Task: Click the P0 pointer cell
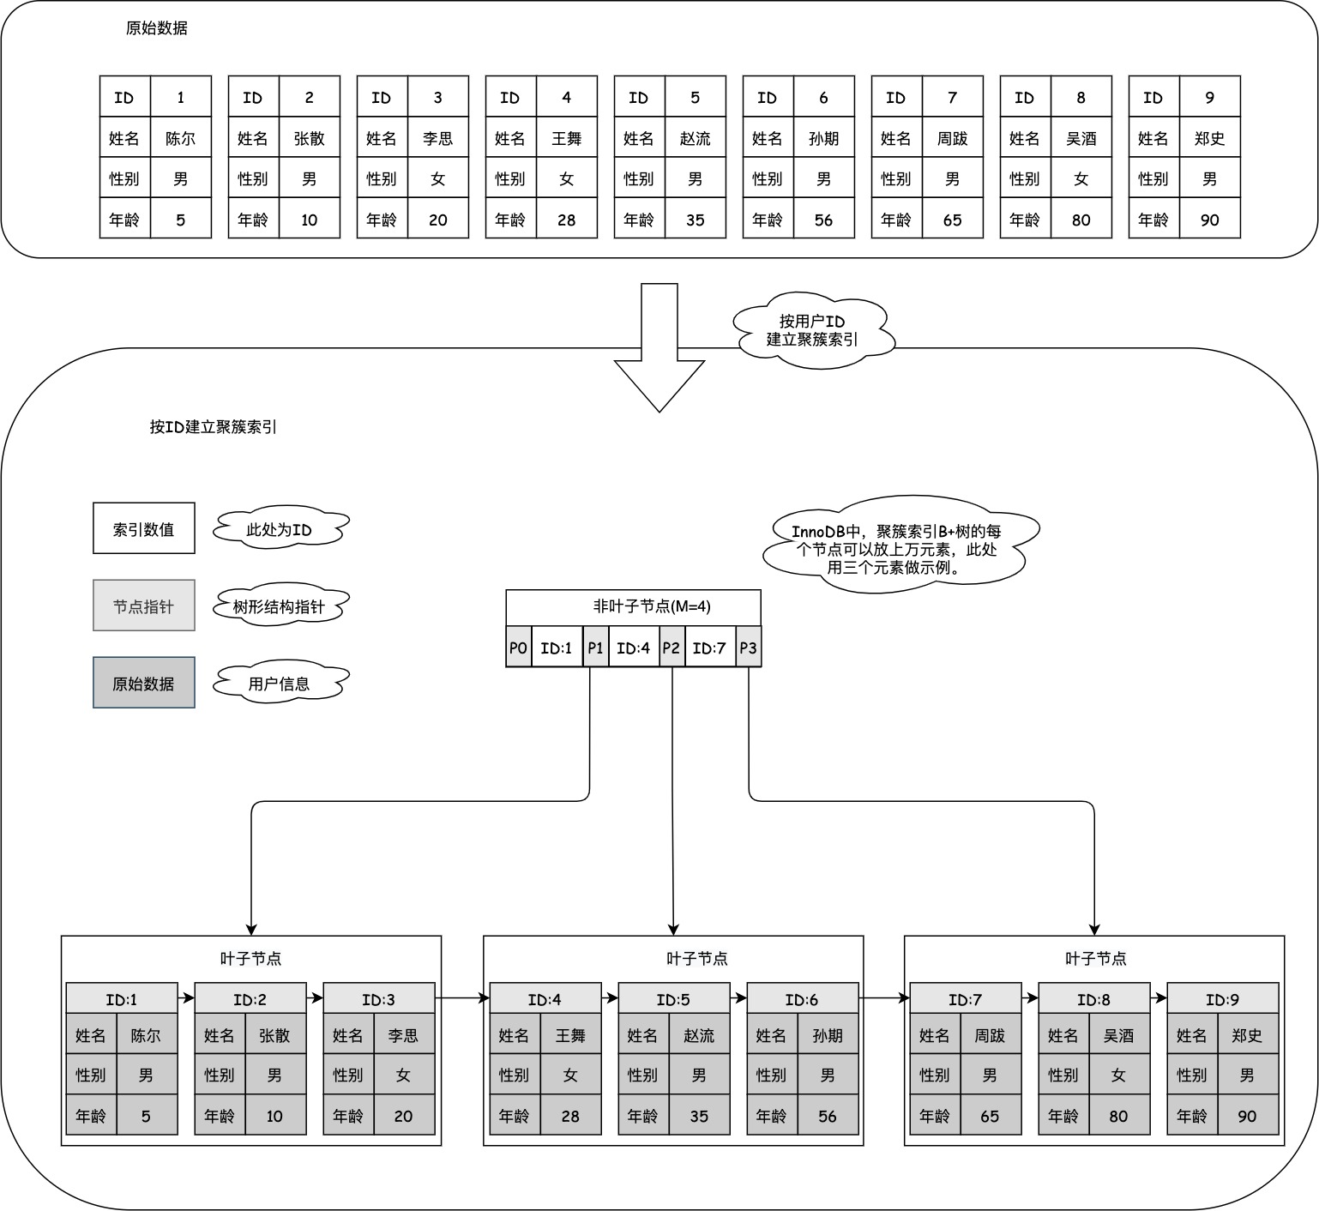518,648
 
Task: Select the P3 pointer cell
748,648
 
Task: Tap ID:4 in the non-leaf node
634,648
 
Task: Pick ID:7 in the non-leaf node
709,648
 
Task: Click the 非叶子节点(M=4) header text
652,606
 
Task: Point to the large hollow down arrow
659,352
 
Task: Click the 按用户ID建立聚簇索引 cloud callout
812,330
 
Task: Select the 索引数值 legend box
144,528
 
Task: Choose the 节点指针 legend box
144,605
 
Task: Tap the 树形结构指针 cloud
280,606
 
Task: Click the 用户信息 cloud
280,684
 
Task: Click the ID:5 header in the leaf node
673,999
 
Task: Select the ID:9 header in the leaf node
1222,999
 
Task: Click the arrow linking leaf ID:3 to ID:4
461,997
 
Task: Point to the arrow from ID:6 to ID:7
883,997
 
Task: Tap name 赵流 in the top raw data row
695,138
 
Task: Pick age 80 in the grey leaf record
1118,1116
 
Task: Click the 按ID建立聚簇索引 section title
213,426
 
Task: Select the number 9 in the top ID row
1209,97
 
